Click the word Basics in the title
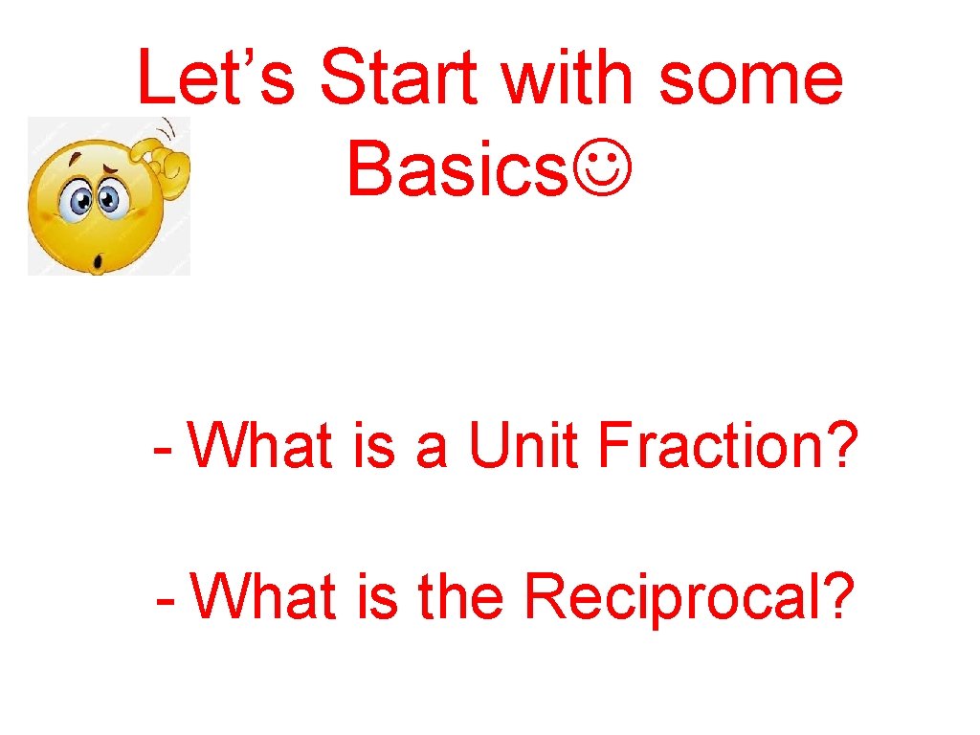coord(457,169)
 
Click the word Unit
coord(524,447)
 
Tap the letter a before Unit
coord(431,453)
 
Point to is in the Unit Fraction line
coord(374,447)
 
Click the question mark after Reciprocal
coord(837,597)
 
